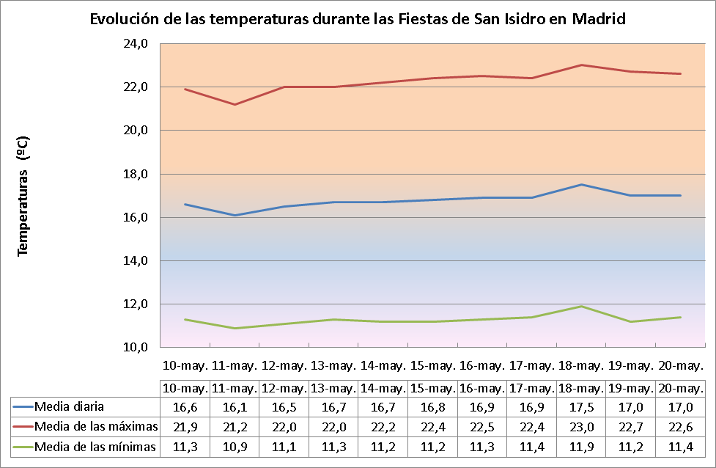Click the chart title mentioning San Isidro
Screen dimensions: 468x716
pyautogui.click(x=358, y=19)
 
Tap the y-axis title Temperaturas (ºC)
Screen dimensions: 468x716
pyautogui.click(x=23, y=195)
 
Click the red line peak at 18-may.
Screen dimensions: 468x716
pyautogui.click(x=581, y=65)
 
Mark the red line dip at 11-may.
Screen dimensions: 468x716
pyautogui.click(x=235, y=104)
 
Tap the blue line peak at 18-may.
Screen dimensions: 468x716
pyautogui.click(x=581, y=185)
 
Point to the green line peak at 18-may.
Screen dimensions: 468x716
pyautogui.click(x=581, y=306)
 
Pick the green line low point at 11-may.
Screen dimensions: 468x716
pyautogui.click(x=235, y=328)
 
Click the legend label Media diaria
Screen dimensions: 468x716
pyautogui.click(x=69, y=406)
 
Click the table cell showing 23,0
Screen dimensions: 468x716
pyautogui.click(x=580, y=426)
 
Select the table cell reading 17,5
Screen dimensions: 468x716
pyautogui.click(x=580, y=406)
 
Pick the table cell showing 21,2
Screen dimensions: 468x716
pyautogui.click(x=234, y=426)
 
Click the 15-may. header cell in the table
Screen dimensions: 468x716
pyautogui.click(x=432, y=387)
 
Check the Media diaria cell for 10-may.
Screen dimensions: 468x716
pyautogui.click(x=185, y=406)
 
